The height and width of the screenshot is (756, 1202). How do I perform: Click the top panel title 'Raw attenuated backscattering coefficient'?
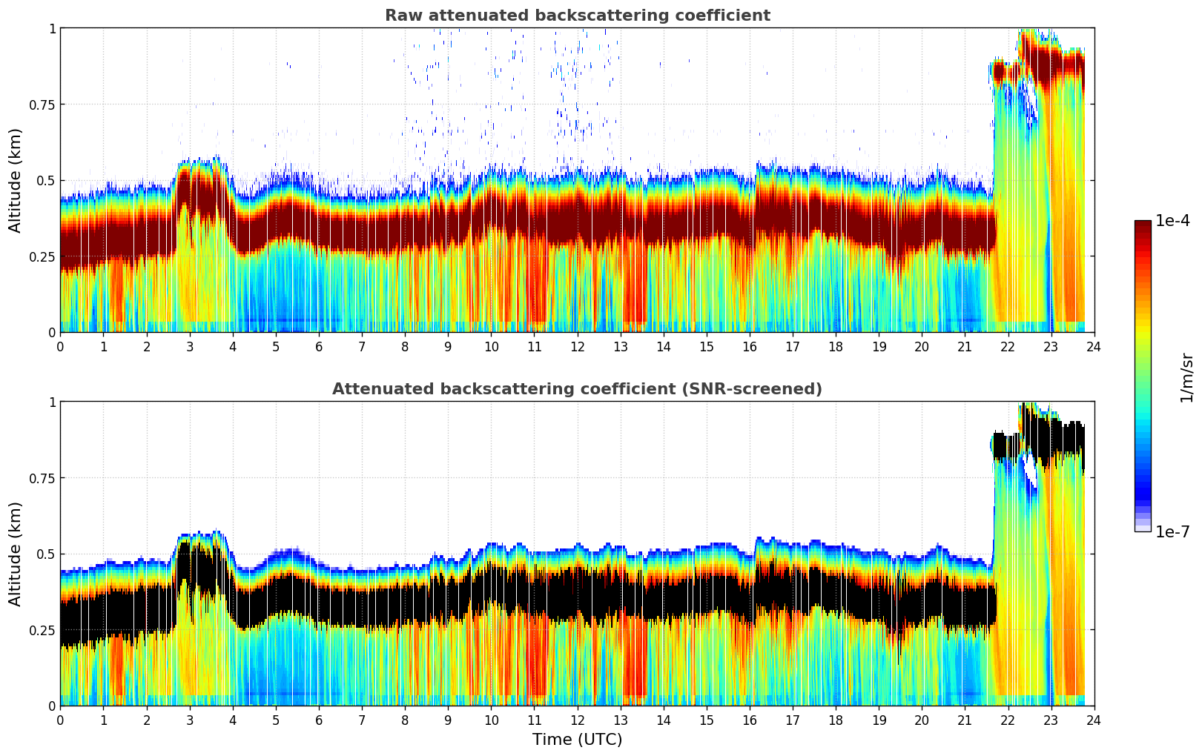[x=577, y=16]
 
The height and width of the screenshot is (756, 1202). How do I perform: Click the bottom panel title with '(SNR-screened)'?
[x=577, y=389]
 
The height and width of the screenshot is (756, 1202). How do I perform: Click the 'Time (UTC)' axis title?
[x=577, y=740]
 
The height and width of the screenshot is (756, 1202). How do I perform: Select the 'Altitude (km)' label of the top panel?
[x=16, y=180]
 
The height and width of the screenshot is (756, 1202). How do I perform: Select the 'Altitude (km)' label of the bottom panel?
[x=16, y=554]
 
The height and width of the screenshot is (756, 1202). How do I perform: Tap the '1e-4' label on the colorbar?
[x=1172, y=221]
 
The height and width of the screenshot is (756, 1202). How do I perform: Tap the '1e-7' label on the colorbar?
[x=1172, y=531]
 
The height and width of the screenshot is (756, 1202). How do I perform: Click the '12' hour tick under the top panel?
[x=577, y=347]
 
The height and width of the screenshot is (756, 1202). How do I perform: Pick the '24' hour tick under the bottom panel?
[x=1094, y=720]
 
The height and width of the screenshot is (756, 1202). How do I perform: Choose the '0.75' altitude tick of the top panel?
[x=42, y=105]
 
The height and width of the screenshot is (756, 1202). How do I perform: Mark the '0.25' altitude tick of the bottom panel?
[x=42, y=630]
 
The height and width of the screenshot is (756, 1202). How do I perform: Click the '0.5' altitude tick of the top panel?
[x=46, y=181]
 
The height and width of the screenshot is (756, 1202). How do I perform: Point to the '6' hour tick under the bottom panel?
[x=319, y=720]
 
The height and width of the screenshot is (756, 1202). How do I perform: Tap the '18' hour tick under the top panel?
[x=836, y=347]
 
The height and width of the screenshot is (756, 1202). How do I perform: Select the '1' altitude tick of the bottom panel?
[x=52, y=402]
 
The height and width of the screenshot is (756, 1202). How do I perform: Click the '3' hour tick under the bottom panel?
[x=190, y=720]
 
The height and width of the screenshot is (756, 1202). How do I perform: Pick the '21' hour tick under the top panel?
[x=965, y=347]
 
